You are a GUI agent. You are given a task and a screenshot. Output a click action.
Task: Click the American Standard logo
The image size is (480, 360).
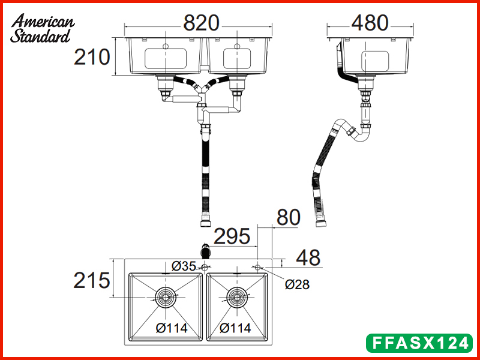42,28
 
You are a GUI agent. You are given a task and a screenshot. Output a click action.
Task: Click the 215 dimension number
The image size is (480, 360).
92,280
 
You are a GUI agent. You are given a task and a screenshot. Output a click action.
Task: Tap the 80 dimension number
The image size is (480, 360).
288,217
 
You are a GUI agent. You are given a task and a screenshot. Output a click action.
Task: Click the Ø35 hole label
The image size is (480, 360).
184,266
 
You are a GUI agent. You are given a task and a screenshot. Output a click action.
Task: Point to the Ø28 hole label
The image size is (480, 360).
298,284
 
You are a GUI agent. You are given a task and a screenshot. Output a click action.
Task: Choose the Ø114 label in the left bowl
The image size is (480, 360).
172,328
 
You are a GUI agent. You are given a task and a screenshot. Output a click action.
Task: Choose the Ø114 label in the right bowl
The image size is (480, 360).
235,328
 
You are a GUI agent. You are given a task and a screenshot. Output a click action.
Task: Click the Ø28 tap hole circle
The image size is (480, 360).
257,266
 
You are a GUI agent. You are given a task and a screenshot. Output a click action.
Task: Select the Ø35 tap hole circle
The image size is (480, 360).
205,266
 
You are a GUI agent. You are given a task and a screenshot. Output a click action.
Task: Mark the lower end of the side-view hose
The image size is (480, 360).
321,223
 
